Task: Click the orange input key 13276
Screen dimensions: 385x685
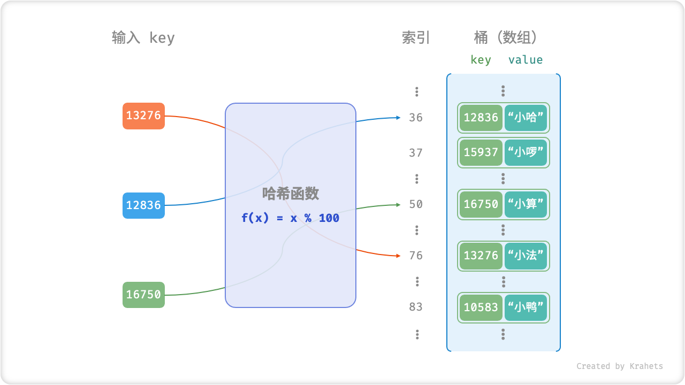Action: (143, 115)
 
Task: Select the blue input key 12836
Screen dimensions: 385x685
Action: (143, 205)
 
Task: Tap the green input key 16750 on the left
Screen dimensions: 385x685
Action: (143, 295)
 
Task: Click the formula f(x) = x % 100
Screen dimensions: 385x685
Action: (290, 218)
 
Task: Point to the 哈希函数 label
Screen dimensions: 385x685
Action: (290, 194)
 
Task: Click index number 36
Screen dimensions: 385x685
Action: (416, 118)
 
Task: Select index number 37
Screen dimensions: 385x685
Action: (416, 153)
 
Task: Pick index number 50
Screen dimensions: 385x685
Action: (416, 204)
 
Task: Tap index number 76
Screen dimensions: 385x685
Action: (416, 256)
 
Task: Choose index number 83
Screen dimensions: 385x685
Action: (416, 307)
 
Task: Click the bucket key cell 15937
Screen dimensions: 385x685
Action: (481, 153)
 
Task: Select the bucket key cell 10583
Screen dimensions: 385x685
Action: (481, 307)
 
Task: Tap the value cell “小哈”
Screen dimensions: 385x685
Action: (526, 118)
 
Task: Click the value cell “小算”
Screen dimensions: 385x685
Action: (526, 204)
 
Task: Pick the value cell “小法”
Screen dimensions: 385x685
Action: (526, 256)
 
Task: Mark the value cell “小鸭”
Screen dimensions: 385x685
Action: (526, 307)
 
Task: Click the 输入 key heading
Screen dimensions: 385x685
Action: (143, 38)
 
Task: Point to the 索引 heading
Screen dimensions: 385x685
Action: (416, 38)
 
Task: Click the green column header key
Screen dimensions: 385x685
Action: (481, 60)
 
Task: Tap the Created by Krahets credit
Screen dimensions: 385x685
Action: (619, 366)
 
